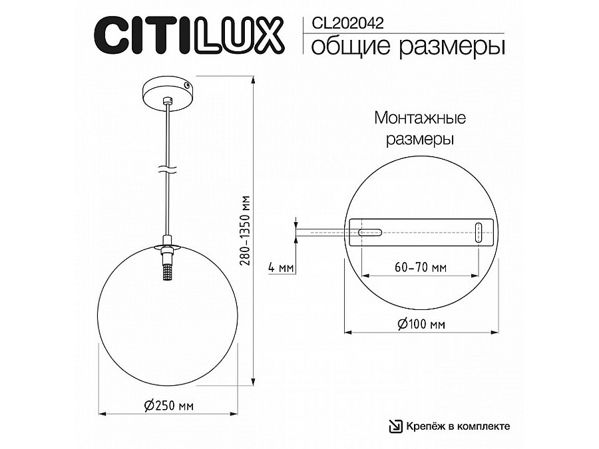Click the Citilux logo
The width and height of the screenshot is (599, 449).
pyautogui.click(x=189, y=35)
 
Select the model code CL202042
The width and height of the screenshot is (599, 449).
pyautogui.click(x=347, y=24)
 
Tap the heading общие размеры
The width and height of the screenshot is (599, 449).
pyautogui.click(x=408, y=47)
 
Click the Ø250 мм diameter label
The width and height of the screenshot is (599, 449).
pyautogui.click(x=169, y=404)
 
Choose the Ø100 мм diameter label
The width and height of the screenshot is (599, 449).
pyautogui.click(x=421, y=324)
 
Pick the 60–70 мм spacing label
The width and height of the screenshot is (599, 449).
pyautogui.click(x=420, y=267)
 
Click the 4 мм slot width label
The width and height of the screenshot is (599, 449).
pyautogui.click(x=281, y=267)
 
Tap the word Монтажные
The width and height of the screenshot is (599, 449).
pyautogui.click(x=420, y=118)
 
